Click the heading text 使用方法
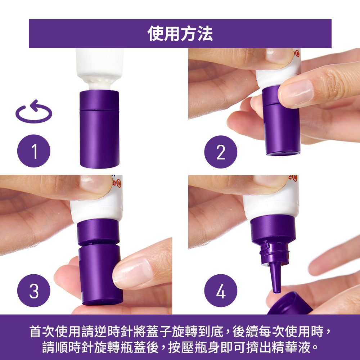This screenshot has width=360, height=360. pyautogui.click(x=180, y=34)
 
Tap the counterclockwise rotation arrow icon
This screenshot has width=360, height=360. pyautogui.click(x=33, y=112)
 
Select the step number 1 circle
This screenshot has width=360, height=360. pyautogui.click(x=34, y=151)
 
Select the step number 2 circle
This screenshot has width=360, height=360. pyautogui.click(x=220, y=152)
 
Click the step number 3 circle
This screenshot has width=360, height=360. pyautogui.click(x=34, y=291)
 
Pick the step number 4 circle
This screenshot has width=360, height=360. pyautogui.click(x=220, y=291)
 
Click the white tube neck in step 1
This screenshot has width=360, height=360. pyautogui.click(x=99, y=84)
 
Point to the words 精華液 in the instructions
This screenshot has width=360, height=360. pyautogui.click(x=292, y=348)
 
